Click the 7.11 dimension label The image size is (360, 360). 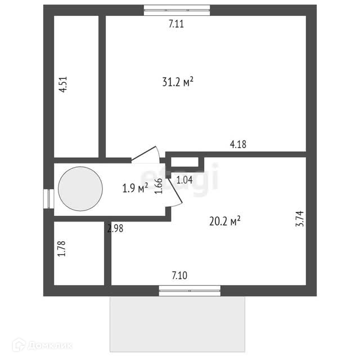[177, 24]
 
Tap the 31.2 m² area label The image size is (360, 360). [178, 82]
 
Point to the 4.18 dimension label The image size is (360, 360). [238, 145]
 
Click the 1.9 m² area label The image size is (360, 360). [135, 188]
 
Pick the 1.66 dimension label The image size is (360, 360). [159, 186]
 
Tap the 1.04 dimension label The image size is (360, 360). [184, 181]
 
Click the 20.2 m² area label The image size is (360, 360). [225, 221]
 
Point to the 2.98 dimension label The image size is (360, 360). [115, 228]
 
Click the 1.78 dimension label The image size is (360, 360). [62, 249]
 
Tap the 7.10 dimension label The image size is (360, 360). [179, 276]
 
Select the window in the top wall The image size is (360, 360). [177, 10]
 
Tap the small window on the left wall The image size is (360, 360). [48, 199]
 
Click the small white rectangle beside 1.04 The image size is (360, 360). [184, 163]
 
